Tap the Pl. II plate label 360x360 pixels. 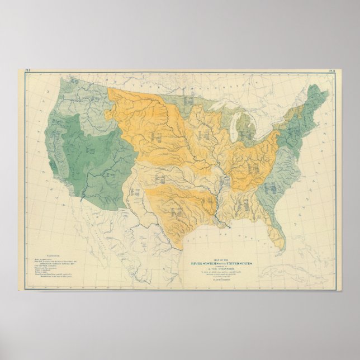click(331, 71)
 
